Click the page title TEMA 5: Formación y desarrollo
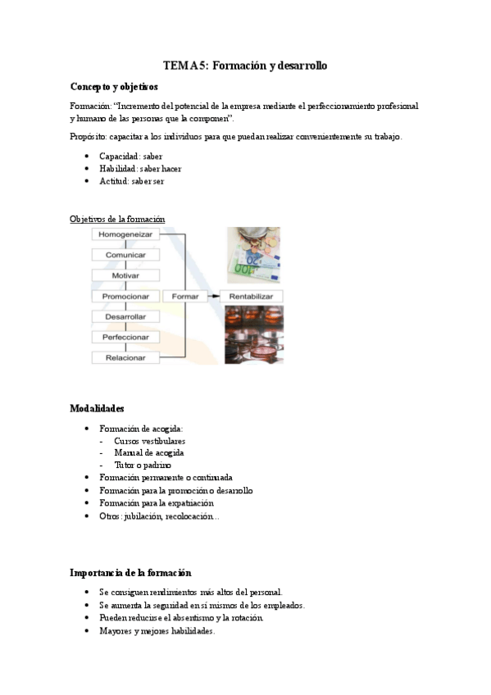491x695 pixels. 245,65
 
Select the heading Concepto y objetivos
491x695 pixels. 114,86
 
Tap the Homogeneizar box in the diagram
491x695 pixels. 125,234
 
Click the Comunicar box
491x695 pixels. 125,255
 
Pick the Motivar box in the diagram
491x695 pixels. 125,275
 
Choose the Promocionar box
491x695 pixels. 125,296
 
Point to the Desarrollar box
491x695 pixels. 125,316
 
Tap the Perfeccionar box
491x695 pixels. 125,337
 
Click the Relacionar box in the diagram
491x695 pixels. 125,357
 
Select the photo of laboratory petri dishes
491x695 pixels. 254,334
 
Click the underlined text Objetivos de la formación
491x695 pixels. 117,219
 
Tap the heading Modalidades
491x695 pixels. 97,408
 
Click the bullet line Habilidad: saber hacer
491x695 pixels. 140,168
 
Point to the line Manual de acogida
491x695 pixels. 148,452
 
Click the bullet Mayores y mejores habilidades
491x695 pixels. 157,631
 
